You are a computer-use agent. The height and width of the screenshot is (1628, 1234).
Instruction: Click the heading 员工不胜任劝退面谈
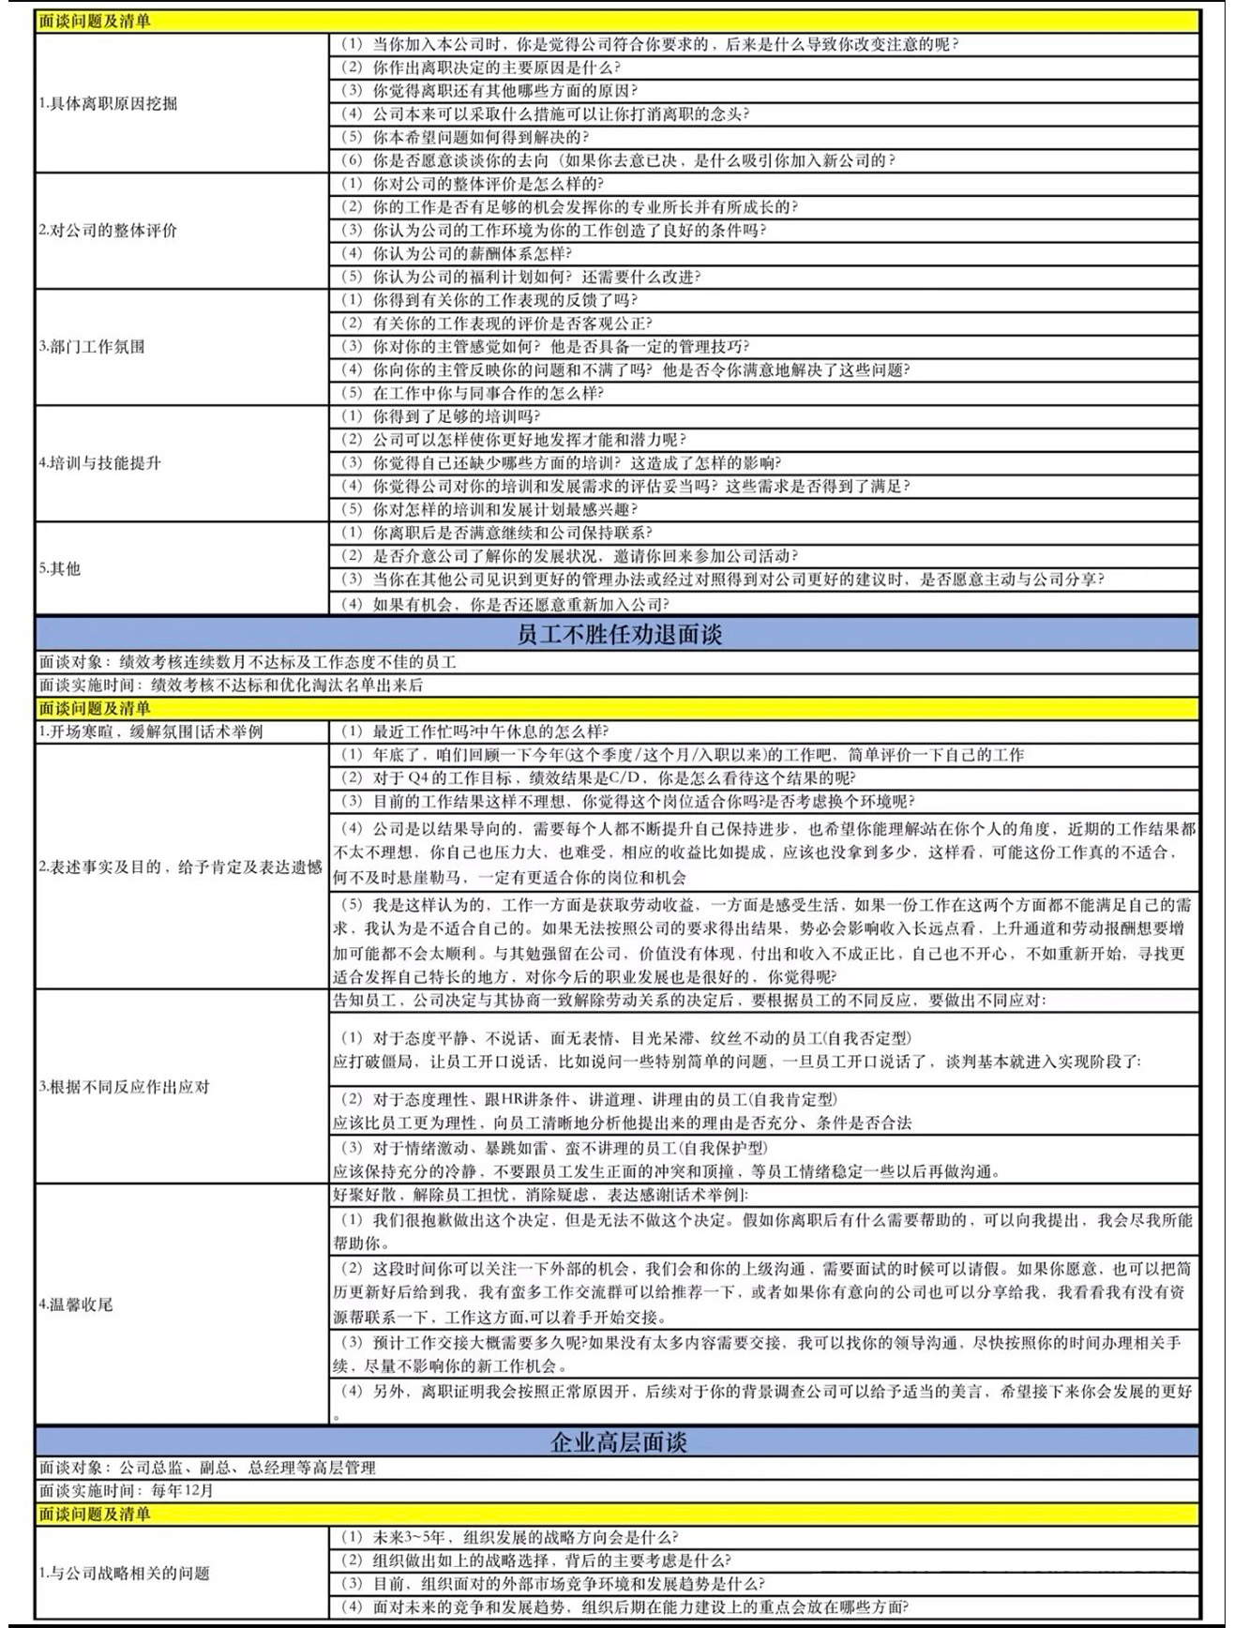click(x=619, y=635)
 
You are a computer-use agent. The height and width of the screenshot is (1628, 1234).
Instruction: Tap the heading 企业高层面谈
click(x=619, y=1441)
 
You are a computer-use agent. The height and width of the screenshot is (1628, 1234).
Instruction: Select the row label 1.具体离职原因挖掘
click(x=109, y=103)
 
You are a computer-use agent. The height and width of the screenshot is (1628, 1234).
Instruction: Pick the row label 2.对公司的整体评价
click(x=109, y=230)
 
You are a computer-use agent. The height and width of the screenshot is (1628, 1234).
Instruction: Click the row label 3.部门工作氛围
click(x=93, y=347)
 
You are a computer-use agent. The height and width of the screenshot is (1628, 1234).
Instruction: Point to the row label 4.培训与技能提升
click(x=100, y=463)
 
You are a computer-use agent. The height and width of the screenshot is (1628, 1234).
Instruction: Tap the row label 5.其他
click(x=60, y=568)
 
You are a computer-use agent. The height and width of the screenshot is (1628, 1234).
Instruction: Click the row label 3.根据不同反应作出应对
click(x=125, y=1087)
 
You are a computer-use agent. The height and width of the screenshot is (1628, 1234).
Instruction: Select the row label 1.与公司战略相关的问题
click(x=125, y=1573)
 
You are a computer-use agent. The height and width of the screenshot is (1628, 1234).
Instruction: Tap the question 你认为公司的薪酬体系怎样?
click(x=472, y=253)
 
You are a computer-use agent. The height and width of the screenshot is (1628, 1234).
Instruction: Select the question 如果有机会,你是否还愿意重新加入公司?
click(x=520, y=604)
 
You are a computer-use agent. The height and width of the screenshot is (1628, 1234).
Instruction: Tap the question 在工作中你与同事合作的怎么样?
click(x=488, y=393)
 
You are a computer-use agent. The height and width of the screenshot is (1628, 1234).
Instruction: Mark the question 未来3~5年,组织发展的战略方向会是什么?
click(x=525, y=1537)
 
